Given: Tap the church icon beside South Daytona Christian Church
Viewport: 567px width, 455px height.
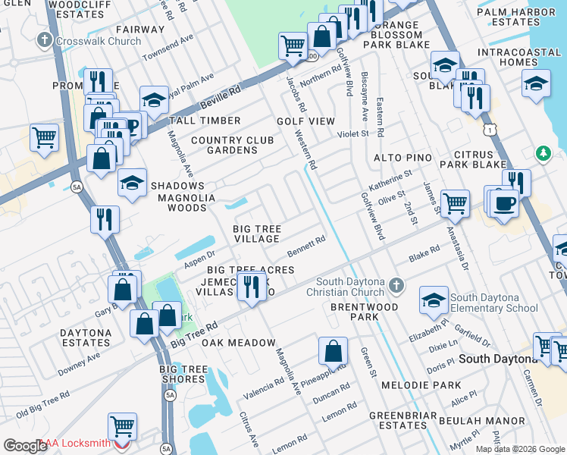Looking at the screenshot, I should click(394, 287).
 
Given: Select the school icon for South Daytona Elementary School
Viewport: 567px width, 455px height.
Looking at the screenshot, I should click(434, 301).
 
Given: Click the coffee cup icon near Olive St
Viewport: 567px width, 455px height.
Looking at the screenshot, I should click(503, 202).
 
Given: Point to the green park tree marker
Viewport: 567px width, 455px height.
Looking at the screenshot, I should click(543, 154).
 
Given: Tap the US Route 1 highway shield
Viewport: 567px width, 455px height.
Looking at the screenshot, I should click(492, 131).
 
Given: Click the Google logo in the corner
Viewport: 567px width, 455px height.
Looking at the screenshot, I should click(25, 446).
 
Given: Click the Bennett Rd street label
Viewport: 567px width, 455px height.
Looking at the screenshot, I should click(306, 247).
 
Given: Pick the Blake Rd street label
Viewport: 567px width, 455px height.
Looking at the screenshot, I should click(424, 253).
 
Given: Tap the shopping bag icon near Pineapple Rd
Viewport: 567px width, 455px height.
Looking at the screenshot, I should click(333, 351).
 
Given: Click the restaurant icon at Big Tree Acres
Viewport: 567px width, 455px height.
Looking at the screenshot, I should click(248, 286).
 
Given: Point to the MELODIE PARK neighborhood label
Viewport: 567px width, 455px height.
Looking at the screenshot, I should click(425, 385).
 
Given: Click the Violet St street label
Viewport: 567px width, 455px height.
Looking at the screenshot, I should click(352, 133).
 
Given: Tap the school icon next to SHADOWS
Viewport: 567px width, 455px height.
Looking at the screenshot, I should click(132, 183).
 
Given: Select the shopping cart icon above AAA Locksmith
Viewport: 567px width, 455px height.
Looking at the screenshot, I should click(122, 426).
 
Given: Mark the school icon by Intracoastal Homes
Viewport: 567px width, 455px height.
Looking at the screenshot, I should click(536, 83).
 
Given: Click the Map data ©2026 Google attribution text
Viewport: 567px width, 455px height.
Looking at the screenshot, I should click(520, 449).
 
